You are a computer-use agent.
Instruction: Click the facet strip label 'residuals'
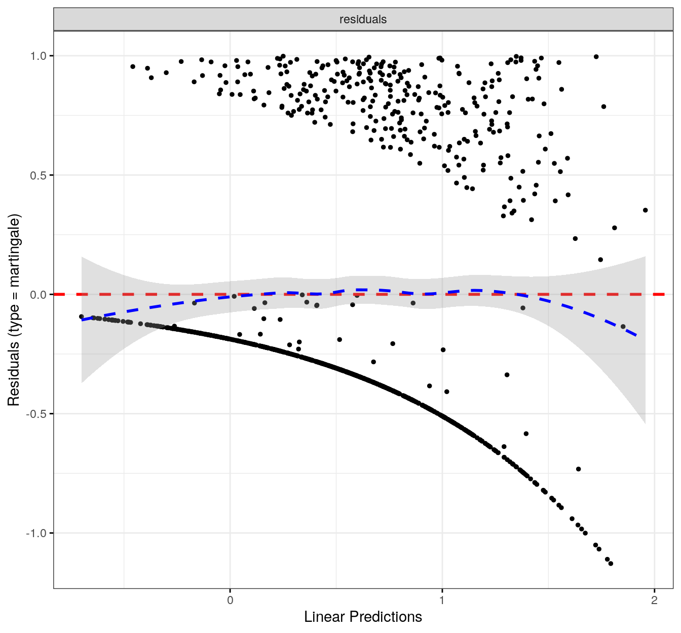363,19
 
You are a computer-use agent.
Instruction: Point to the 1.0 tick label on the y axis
39,56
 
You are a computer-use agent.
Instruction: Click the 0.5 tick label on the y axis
39,175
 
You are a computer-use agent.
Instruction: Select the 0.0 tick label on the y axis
39,295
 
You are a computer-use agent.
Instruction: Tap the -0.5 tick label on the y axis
37,414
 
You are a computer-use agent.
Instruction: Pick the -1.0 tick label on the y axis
37,533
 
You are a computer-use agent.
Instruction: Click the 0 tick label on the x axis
230,601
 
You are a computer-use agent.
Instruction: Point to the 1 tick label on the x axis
442,601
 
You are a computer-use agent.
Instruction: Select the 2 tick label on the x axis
655,601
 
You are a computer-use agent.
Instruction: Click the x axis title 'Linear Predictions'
363,617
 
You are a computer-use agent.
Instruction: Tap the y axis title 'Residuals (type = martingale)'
14,309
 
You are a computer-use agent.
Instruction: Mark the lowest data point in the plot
611,564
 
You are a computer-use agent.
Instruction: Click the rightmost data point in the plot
645,210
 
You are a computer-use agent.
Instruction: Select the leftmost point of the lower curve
82,316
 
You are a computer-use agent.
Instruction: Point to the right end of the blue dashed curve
637,336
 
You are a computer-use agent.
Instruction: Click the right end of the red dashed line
664,294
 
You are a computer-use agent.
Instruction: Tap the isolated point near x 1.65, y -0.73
578,469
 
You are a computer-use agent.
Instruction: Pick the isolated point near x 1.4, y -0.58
526,434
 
